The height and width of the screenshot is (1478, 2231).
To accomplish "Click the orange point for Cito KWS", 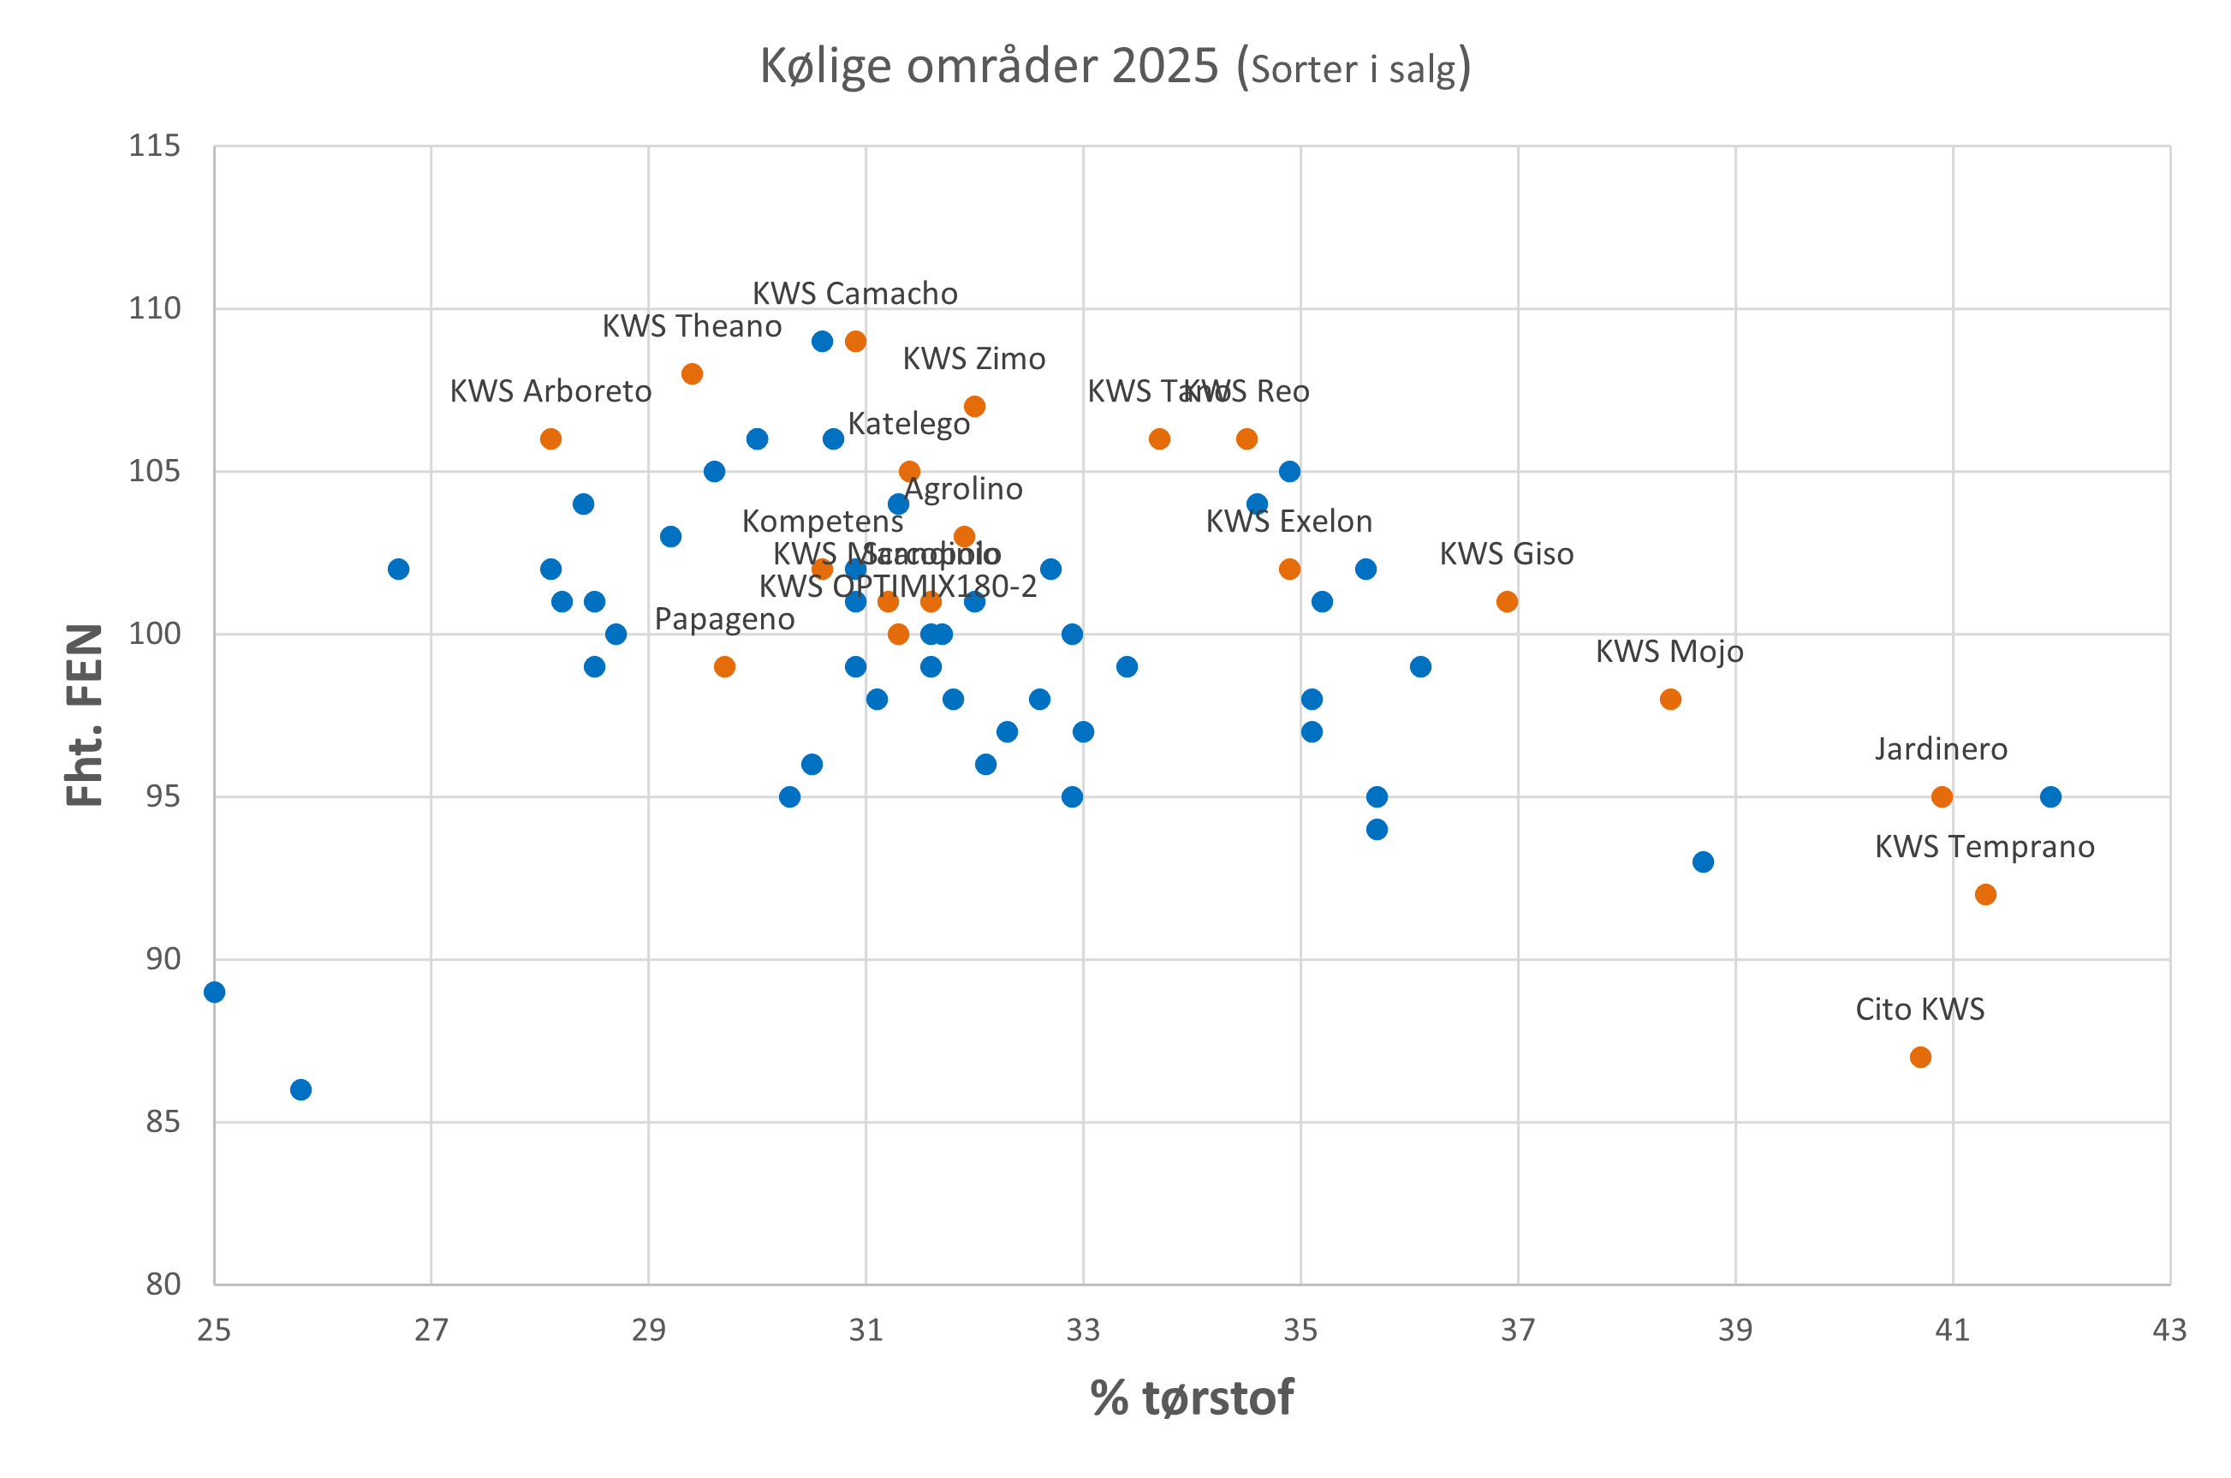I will pos(1920,1057).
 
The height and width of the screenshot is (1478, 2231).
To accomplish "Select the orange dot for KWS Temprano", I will pos(1985,895).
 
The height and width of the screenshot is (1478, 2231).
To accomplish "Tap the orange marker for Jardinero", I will pos(1942,796).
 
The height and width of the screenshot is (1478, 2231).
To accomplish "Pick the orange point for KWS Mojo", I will pos(1670,700).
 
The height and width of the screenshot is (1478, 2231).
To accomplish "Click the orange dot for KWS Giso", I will pos(1507,601).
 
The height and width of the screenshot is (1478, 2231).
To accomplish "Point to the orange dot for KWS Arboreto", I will pos(551,439).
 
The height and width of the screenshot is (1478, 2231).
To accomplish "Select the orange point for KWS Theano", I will pos(692,374).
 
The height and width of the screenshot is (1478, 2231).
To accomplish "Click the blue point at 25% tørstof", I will pos(215,992).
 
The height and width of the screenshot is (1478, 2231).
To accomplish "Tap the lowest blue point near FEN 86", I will pos(300,1089).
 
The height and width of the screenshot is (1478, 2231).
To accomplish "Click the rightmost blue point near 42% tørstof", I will pos(2050,796).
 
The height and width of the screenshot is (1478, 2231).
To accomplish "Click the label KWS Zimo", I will pos(974,359).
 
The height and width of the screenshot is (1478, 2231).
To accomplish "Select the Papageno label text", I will pos(724,619).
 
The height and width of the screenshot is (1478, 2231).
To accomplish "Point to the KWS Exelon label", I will pos(1288,521).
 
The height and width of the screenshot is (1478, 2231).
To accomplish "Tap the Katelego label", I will pos(909,424).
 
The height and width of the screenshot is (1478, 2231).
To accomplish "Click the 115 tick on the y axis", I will pos(154,146).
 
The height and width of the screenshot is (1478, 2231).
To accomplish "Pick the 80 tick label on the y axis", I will pos(162,1284).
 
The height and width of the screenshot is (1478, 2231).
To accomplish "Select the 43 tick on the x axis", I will pos(2169,1330).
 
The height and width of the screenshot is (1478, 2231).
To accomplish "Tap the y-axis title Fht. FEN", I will pos(85,714).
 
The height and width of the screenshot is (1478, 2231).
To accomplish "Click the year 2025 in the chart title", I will pos(1164,66).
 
